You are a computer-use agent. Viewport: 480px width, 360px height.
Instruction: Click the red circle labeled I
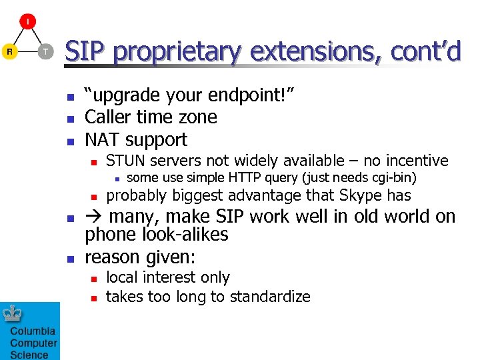pos(27,21)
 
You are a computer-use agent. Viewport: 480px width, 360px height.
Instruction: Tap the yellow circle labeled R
pos(9,51)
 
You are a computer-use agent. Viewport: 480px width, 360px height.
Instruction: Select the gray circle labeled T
pos(45,51)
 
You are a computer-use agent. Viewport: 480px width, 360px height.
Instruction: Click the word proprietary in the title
pos(176,51)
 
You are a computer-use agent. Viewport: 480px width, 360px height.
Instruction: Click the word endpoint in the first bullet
pos(245,96)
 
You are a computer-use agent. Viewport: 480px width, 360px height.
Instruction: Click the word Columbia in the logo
pos(33,331)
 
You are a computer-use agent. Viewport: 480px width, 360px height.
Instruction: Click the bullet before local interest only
pos(94,279)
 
